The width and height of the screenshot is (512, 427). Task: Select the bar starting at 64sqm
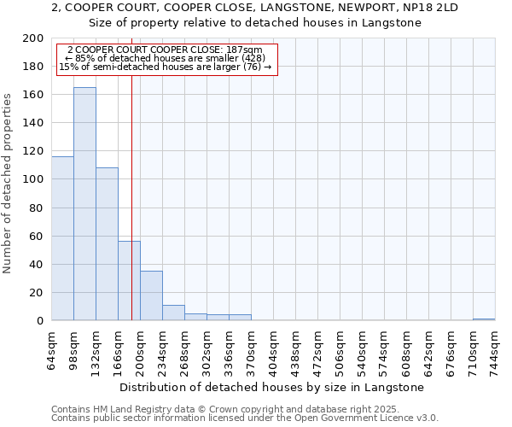[62, 238]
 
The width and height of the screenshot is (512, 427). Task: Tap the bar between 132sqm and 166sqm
[107, 243]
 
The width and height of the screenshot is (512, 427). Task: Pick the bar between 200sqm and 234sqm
[151, 295]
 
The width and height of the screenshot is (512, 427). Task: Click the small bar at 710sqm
[484, 319]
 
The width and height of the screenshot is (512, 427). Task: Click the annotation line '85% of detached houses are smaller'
[167, 58]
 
